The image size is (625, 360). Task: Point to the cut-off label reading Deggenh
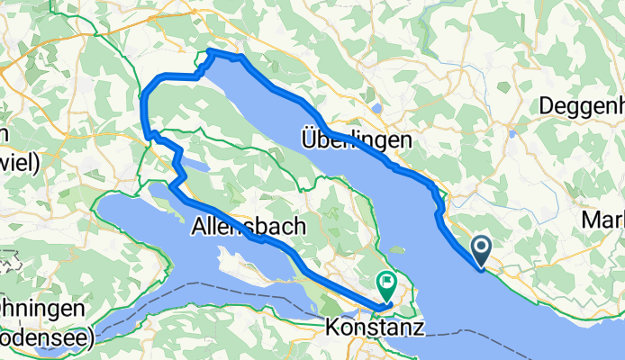pyautogui.click(x=581, y=106)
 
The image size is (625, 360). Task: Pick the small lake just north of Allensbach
pyautogui.click(x=200, y=166)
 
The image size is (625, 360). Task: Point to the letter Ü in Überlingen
pyautogui.click(x=308, y=140)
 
